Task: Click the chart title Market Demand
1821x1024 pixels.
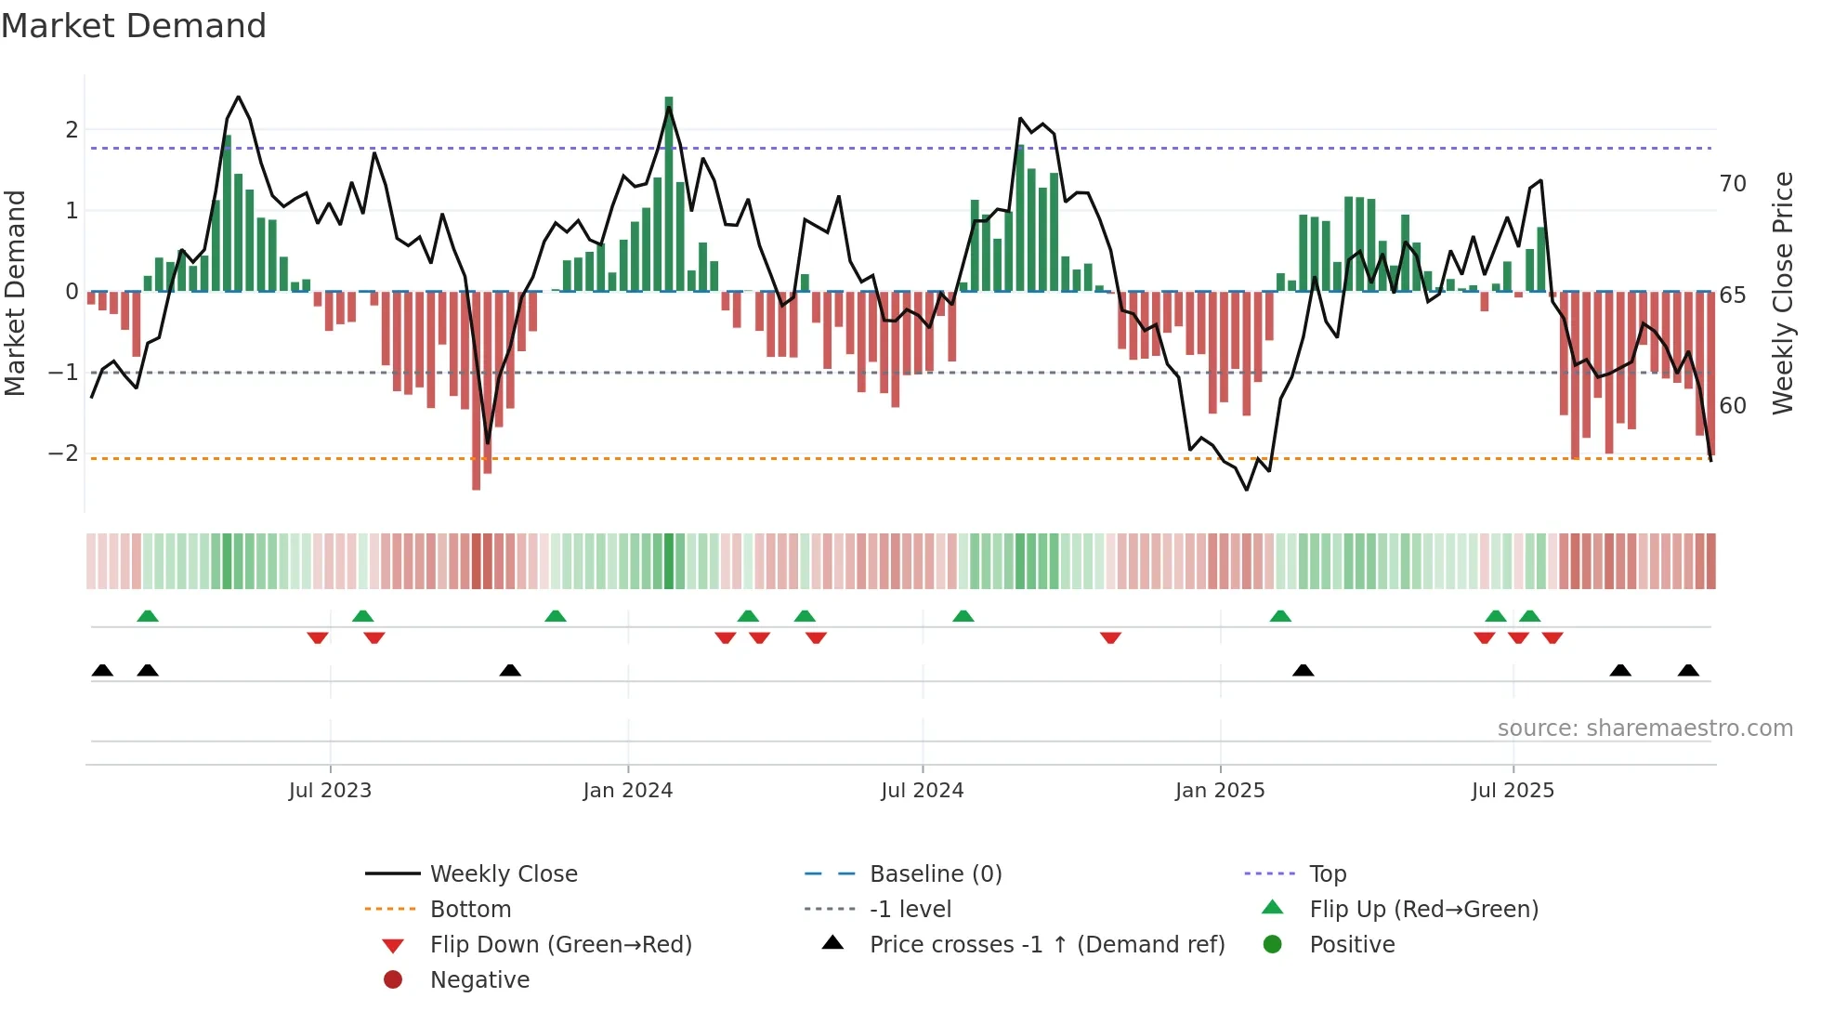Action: [x=134, y=26]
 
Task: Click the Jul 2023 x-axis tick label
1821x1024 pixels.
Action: [x=330, y=791]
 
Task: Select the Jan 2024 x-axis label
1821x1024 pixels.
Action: [x=627, y=791]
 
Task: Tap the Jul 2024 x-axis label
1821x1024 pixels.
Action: [x=922, y=791]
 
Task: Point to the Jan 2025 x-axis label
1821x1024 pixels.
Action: [x=1220, y=791]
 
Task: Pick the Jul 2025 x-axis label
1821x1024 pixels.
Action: [x=1513, y=791]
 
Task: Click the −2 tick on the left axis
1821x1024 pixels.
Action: [x=64, y=453]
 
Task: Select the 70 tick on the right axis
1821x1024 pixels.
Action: [x=1733, y=184]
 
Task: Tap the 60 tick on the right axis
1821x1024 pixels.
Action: [x=1733, y=406]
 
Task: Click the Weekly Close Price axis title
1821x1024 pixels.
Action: [x=1782, y=293]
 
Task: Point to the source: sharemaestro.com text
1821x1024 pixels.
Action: [x=1644, y=729]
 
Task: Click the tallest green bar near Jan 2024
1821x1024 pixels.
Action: [x=669, y=195]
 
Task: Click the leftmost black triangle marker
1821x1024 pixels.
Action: [x=102, y=671]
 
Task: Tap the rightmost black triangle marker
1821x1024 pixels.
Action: [x=1688, y=671]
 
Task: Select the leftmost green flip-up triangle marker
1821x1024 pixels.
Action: [x=148, y=616]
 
